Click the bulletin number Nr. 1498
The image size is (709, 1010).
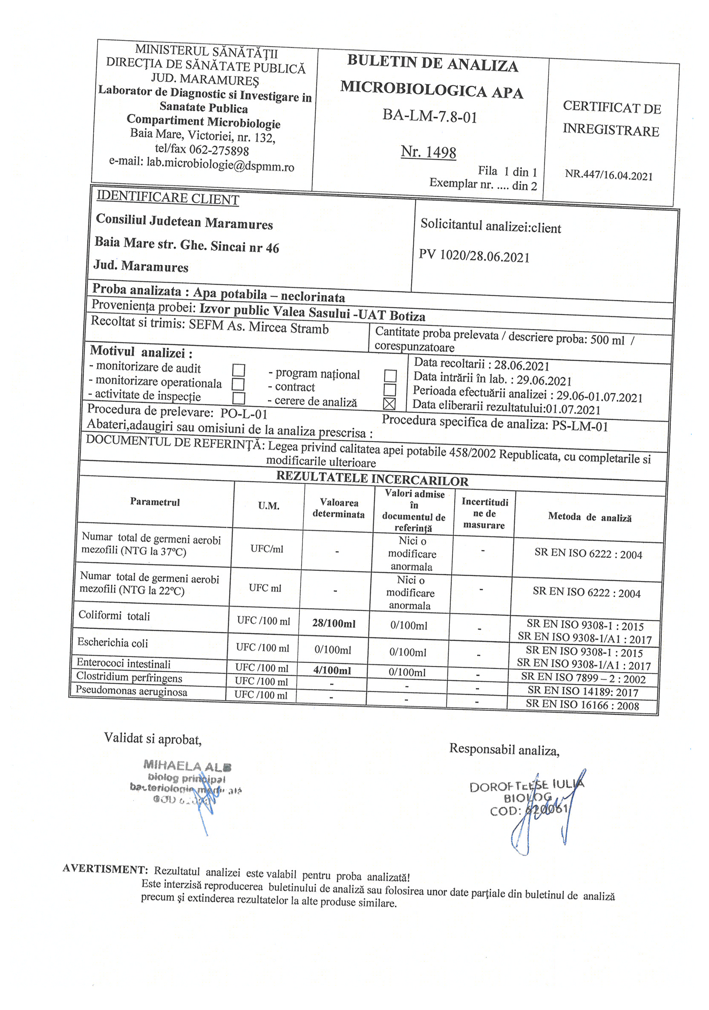428,152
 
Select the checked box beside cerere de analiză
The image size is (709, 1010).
389,403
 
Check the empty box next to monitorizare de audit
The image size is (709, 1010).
238,370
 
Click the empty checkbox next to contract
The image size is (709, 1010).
390,390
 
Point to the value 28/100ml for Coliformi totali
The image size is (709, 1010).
334,623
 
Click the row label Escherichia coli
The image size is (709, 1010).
112,643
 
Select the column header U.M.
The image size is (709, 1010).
268,506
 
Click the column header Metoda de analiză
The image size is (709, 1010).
589,517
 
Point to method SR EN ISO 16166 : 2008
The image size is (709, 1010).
582,705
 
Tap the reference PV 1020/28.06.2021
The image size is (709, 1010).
474,255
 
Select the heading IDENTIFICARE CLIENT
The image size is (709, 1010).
167,198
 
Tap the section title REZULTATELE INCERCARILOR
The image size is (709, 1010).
372,479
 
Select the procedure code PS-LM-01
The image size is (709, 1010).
579,426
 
